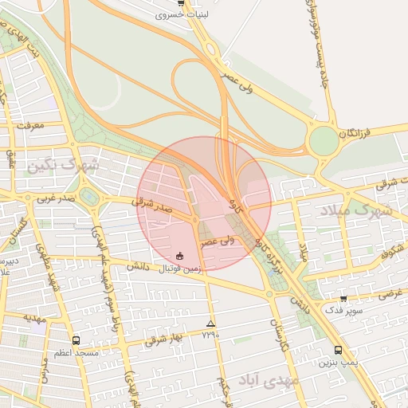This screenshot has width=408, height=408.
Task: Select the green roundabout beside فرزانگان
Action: (324, 141)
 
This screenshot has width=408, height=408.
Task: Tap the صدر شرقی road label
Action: (152, 206)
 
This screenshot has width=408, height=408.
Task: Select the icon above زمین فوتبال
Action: (180, 257)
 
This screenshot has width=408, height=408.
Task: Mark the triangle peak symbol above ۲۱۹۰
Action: (210, 324)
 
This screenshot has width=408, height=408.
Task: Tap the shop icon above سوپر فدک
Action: (343, 299)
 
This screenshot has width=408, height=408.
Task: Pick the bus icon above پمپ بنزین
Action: (338, 350)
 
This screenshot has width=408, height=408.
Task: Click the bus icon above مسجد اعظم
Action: (76, 340)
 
